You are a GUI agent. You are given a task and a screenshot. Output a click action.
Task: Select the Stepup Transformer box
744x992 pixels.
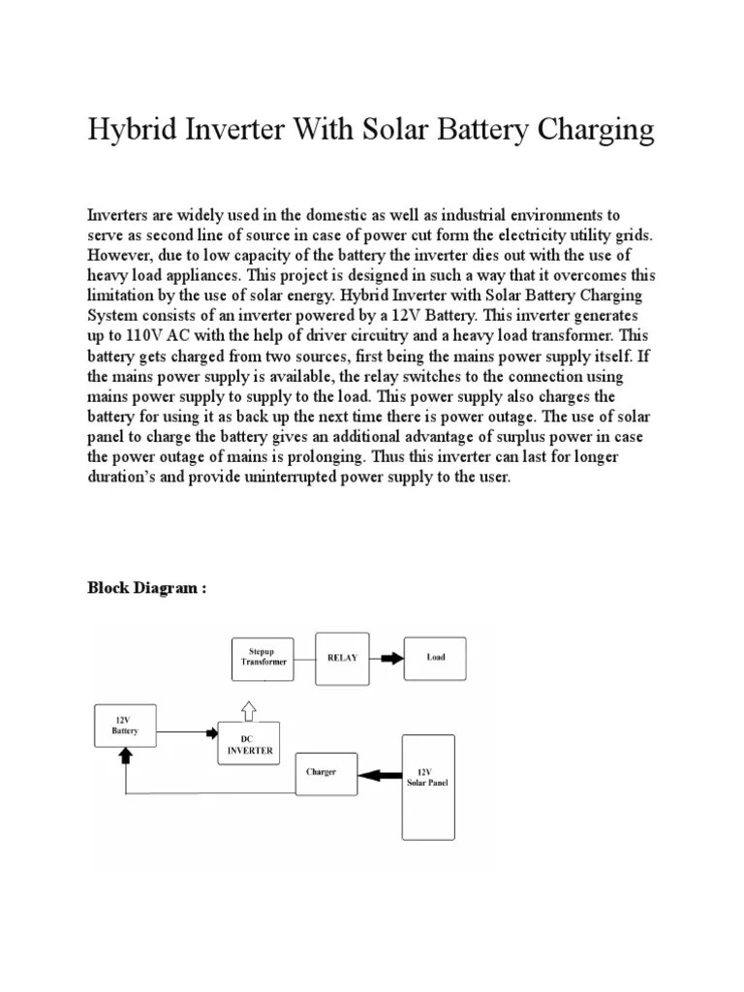[x=262, y=659]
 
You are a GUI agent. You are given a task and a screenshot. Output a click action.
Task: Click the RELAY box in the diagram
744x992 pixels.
[x=342, y=658]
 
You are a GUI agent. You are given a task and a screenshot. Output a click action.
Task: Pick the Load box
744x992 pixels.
[x=436, y=658]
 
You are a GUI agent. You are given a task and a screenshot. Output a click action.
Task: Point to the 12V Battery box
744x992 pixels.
[x=124, y=725]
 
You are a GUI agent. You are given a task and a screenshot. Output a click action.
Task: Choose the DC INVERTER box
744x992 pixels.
[x=249, y=743]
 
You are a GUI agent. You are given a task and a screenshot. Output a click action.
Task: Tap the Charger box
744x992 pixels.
[x=325, y=773]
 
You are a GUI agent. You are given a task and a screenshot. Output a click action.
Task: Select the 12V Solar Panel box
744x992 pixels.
[x=427, y=786]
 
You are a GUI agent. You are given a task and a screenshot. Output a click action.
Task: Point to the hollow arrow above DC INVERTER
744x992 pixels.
[x=249, y=711]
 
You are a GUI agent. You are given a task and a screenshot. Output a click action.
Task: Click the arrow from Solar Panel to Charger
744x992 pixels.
[x=379, y=773]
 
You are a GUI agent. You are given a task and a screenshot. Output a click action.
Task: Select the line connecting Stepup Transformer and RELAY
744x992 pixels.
[x=305, y=658]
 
